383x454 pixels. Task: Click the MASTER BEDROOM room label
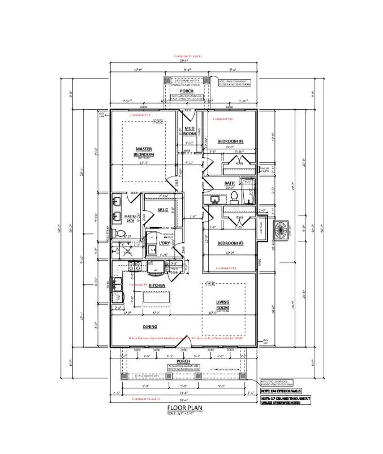(x=144, y=152)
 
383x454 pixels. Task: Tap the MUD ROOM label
(x=190, y=131)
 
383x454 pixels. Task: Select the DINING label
(x=150, y=327)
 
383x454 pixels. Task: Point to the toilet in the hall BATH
(x=234, y=197)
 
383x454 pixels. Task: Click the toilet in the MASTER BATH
(x=119, y=234)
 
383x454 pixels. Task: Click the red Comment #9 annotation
(x=139, y=284)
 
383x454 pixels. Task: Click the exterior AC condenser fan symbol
(x=280, y=229)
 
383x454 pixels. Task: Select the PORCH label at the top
(x=186, y=91)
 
